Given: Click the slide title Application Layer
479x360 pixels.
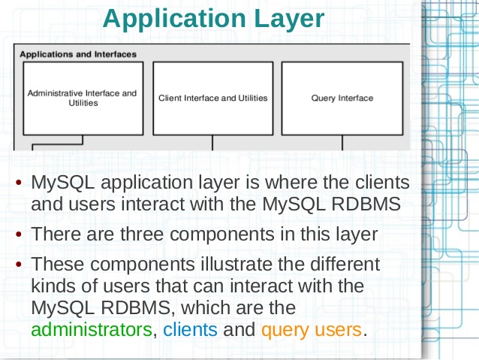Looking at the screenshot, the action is [x=213, y=19].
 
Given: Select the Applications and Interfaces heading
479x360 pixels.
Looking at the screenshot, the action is [x=78, y=54].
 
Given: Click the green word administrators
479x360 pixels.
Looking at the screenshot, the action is [x=92, y=330].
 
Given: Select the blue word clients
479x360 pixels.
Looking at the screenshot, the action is [x=190, y=330].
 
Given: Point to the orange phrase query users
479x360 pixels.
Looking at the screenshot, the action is [x=312, y=331].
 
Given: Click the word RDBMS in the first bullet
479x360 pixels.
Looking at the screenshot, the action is [x=366, y=204].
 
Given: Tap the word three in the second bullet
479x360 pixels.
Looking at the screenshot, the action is [x=142, y=234].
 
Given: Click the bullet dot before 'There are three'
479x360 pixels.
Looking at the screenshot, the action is [x=19, y=234].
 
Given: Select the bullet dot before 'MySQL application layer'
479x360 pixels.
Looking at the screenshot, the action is [x=19, y=183].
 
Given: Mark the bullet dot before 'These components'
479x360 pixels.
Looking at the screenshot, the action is [x=19, y=264].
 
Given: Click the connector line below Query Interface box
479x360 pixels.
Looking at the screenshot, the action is [x=342, y=143].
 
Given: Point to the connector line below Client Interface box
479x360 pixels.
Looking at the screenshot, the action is [x=212, y=143].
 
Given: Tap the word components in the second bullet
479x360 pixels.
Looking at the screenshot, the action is [x=222, y=235].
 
